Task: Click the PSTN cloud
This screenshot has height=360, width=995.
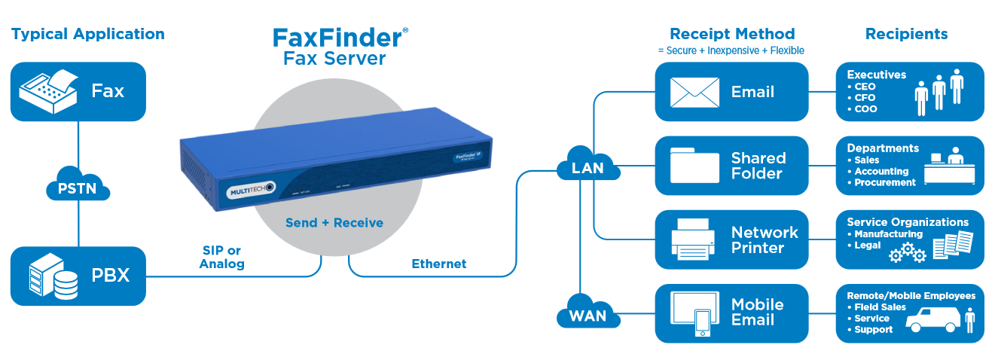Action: (x=78, y=186)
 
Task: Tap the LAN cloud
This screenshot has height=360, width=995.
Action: (x=588, y=166)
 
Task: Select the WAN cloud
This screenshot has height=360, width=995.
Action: (x=588, y=314)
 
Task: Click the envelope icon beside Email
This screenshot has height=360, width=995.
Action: (x=694, y=92)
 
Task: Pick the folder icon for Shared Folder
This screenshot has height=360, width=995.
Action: (x=694, y=166)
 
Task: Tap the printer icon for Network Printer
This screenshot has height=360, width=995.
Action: (x=693, y=239)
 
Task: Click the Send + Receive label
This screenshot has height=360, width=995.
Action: (x=334, y=223)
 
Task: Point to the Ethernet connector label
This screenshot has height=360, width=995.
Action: (x=438, y=264)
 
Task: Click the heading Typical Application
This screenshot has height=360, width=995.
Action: (x=87, y=34)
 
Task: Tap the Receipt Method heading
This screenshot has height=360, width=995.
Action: (x=732, y=34)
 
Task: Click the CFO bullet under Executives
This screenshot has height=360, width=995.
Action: (x=865, y=98)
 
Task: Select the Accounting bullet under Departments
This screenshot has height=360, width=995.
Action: (x=881, y=171)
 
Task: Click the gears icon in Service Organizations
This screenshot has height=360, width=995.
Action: (x=907, y=253)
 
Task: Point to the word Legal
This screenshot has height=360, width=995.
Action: (x=867, y=246)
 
